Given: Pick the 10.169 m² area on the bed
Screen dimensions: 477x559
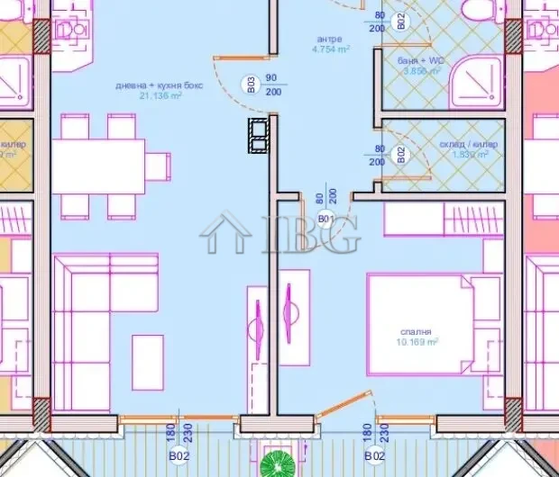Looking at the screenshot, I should point(417,342).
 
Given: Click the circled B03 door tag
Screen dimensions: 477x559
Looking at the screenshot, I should point(252,85).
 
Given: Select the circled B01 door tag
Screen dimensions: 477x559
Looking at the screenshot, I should point(326,219).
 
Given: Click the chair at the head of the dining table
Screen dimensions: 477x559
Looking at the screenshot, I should point(159,166).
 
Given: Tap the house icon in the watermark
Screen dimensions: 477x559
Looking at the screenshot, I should point(226,232).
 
